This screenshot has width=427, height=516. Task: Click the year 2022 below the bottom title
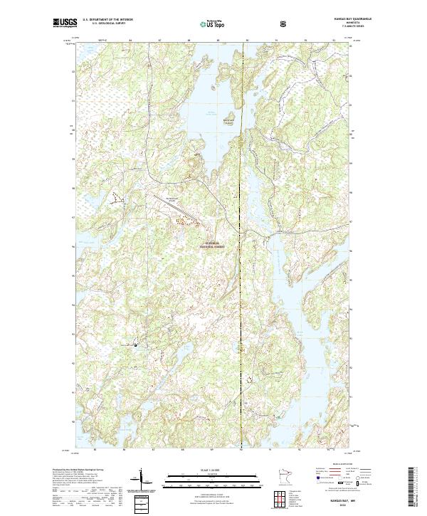335,505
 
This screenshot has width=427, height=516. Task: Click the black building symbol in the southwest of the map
137,345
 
